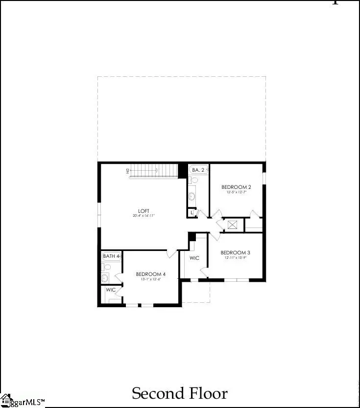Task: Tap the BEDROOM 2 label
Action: (x=236, y=187)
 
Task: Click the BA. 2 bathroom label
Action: (x=198, y=170)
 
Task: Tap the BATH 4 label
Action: (x=111, y=256)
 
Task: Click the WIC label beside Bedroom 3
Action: (x=194, y=258)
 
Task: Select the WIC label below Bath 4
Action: (x=111, y=290)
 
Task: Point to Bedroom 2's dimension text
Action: (x=236, y=192)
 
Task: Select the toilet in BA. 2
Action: (x=193, y=181)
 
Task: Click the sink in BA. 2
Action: (x=192, y=196)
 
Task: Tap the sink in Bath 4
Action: (x=105, y=278)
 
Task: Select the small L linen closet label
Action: (x=191, y=213)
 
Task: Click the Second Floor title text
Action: (x=180, y=393)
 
